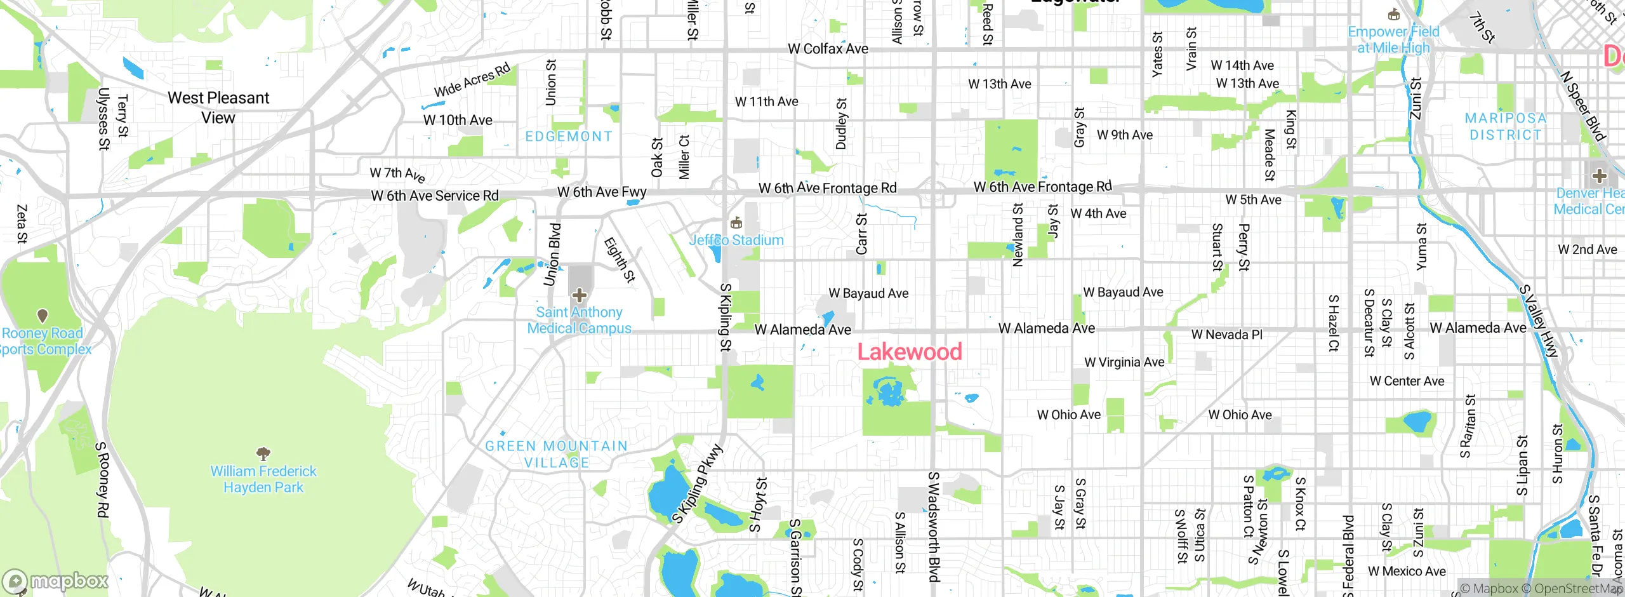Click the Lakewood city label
tap(910, 351)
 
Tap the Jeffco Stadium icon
tap(736, 223)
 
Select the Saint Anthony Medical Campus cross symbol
tap(579, 295)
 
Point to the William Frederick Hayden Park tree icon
tap(263, 453)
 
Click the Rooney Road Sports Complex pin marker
tap(43, 316)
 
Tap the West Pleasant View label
tap(218, 107)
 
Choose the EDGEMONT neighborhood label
tap(569, 137)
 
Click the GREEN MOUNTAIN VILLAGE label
tap(556, 454)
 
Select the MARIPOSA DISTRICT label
tap(1506, 126)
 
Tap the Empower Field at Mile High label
tap(1393, 39)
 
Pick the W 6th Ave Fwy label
tap(602, 192)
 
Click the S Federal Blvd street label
tap(1348, 556)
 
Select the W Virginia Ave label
tap(1124, 362)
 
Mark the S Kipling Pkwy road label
tap(698, 484)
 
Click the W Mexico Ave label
tap(1407, 571)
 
